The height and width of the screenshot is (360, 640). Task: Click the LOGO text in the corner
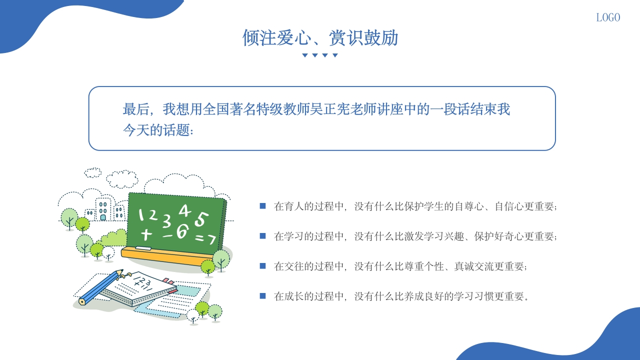[x=608, y=17]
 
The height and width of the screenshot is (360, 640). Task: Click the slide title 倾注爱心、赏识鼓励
[x=320, y=38]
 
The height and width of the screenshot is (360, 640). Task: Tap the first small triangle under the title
[x=304, y=55]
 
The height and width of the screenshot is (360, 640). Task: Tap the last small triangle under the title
[x=335, y=55]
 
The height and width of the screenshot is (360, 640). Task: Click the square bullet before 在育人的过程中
[x=262, y=205]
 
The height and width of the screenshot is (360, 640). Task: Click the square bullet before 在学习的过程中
[x=262, y=235]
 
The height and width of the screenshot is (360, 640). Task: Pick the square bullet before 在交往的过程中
[x=262, y=266]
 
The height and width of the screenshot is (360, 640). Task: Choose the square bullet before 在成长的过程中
[x=262, y=296]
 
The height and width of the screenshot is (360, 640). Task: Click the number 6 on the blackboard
[x=182, y=231]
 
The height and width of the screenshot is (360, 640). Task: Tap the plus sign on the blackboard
[x=146, y=234]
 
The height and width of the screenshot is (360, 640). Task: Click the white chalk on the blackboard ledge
[x=143, y=248]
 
